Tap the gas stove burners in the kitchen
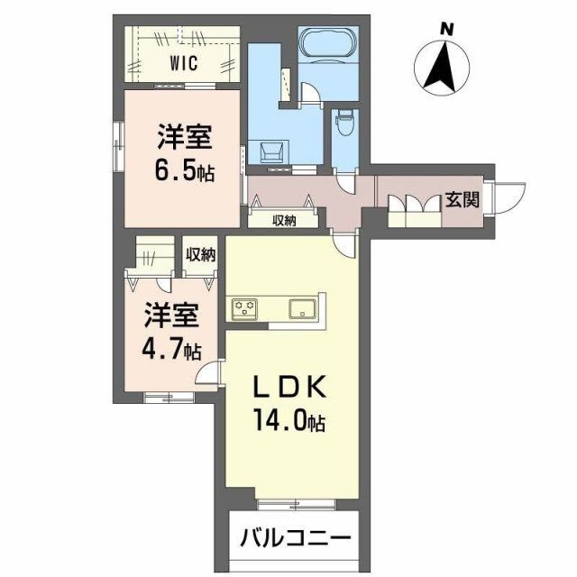(x=245, y=308)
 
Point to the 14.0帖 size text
(x=285, y=421)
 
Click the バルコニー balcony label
(x=295, y=538)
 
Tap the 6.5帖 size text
(x=184, y=170)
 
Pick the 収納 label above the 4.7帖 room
(x=200, y=253)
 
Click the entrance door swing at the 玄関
(x=511, y=197)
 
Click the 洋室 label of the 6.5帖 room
(x=184, y=138)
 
